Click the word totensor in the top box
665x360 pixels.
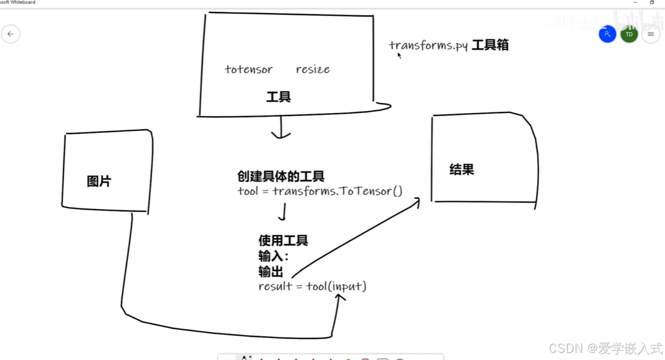pos(249,70)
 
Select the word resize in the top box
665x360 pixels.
pos(313,70)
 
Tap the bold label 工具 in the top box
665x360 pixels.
pos(278,97)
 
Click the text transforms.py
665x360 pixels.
pos(429,46)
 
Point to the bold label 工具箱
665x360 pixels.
pos(490,45)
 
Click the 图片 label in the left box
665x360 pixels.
pos(99,181)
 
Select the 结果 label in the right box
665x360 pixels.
pos(462,170)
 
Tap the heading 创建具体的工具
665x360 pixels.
pos(281,176)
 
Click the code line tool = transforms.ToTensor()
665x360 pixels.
pos(320,191)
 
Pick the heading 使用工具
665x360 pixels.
pos(283,240)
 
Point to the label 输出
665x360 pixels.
pos(271,272)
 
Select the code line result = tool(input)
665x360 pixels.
pos(312,287)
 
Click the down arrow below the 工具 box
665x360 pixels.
pos(281,127)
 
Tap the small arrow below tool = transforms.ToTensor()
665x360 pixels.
pos(283,212)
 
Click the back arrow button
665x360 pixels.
pos(11,34)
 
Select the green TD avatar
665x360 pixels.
pos(629,34)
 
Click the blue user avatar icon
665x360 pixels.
pos(608,34)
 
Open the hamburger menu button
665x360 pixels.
pos(651,34)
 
